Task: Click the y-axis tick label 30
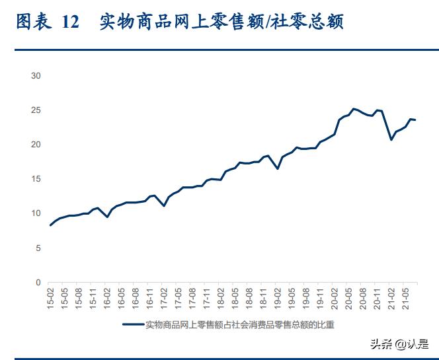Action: pyautogui.click(x=36, y=76)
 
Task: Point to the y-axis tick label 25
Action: pyautogui.click(x=36, y=110)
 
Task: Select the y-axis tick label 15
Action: pyautogui.click(x=36, y=179)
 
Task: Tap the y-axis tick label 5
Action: pyautogui.click(x=38, y=248)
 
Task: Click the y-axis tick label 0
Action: pyautogui.click(x=38, y=282)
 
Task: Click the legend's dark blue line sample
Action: pyautogui.click(x=133, y=324)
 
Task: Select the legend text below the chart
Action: pyautogui.click(x=239, y=324)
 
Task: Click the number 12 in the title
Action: pyautogui.click(x=70, y=22)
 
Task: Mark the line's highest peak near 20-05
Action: pyautogui.click(x=354, y=108)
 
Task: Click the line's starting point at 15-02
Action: pyautogui.click(x=51, y=225)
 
